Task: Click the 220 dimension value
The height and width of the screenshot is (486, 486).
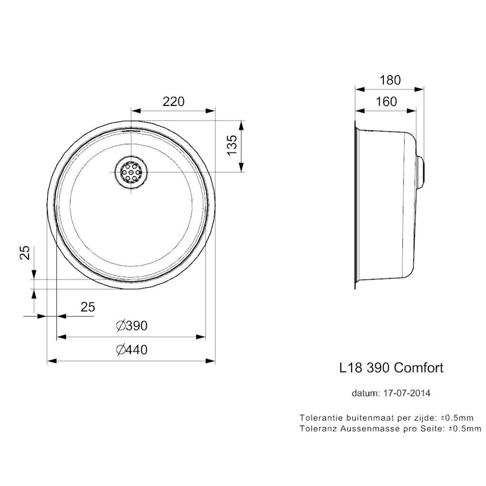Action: click(x=173, y=101)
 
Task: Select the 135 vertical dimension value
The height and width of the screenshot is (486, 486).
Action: click(x=231, y=146)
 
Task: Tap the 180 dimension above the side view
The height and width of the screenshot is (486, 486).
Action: click(x=390, y=80)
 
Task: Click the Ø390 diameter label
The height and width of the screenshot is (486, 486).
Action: click(x=132, y=326)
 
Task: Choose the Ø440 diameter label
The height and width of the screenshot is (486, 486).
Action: click(x=132, y=350)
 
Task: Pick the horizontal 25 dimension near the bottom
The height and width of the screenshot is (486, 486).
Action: click(x=88, y=307)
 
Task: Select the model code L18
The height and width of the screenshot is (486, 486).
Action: click(x=350, y=368)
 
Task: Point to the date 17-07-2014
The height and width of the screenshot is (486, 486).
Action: click(x=407, y=393)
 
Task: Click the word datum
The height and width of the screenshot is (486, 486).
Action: click(x=363, y=393)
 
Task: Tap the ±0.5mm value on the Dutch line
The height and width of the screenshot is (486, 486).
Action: click(x=458, y=418)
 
